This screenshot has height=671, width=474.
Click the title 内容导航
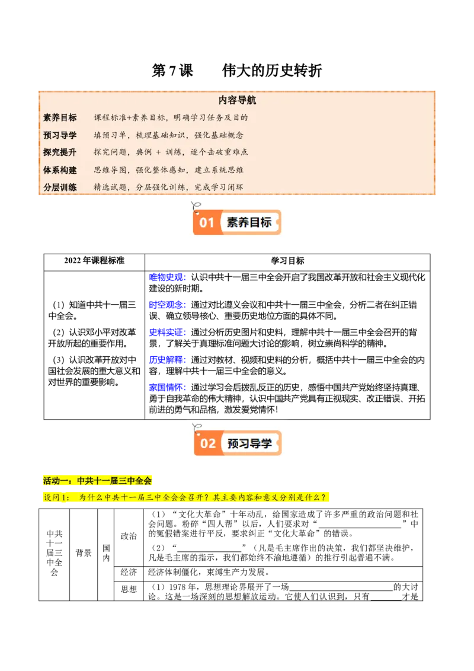[237, 101]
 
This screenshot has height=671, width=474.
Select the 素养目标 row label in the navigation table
[60, 117]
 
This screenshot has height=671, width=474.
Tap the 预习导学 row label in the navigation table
[60, 135]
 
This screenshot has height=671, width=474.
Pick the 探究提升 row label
[60, 152]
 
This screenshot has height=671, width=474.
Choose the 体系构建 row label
[60, 170]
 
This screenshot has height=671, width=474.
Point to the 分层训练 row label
[60, 187]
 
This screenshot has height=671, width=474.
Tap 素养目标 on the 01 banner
[249, 223]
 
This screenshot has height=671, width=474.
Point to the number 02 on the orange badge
[208, 443]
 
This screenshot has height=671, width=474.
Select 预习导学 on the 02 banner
[249, 443]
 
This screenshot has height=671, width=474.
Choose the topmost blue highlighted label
[167, 277]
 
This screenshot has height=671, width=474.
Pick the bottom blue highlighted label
[167, 388]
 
